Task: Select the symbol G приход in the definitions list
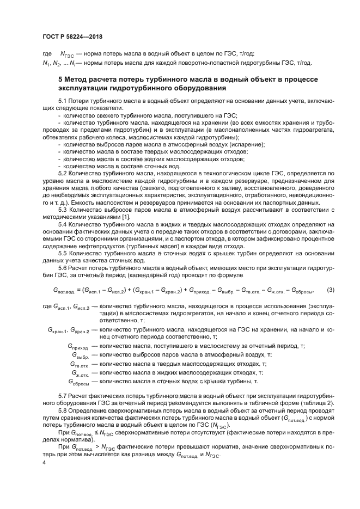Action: (x=78, y=347)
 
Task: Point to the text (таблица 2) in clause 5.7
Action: (x=319, y=402)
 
